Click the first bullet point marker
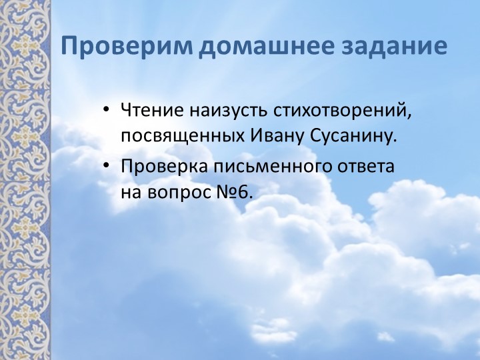[107, 109]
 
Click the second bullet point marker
[107, 165]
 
